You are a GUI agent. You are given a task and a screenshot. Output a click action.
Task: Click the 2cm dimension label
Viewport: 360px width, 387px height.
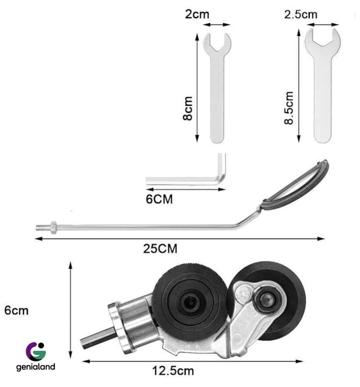tap(197, 14)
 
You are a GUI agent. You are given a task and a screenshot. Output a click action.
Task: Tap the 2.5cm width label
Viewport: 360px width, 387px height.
tap(301, 14)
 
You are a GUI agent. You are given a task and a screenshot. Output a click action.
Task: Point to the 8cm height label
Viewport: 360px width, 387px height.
tap(188, 108)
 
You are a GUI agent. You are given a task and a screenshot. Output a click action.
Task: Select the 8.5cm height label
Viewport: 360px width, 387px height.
tap(289, 108)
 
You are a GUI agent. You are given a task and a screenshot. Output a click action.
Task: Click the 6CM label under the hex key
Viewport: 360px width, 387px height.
tap(159, 199)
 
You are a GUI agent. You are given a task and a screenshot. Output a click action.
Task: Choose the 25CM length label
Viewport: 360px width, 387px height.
tap(160, 249)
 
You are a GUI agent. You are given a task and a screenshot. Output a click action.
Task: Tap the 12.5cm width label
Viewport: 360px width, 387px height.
tap(173, 371)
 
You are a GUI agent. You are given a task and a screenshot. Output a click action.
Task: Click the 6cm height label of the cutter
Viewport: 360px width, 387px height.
tap(16, 310)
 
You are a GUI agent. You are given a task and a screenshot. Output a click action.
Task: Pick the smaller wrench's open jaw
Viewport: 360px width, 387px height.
tap(217, 42)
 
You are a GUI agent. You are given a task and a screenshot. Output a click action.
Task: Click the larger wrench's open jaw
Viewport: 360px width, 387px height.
tap(323, 38)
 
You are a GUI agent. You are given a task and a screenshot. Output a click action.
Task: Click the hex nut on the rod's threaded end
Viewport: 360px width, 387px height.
tap(53, 228)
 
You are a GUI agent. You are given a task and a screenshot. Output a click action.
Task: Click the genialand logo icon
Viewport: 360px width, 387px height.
tap(36, 352)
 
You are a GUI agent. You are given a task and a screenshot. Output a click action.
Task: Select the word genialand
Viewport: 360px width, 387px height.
tap(35, 367)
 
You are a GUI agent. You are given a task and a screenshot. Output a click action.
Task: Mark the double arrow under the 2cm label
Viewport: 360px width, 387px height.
tap(217, 24)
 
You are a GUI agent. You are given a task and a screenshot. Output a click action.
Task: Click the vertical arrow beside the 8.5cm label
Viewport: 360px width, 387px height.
tap(299, 86)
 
